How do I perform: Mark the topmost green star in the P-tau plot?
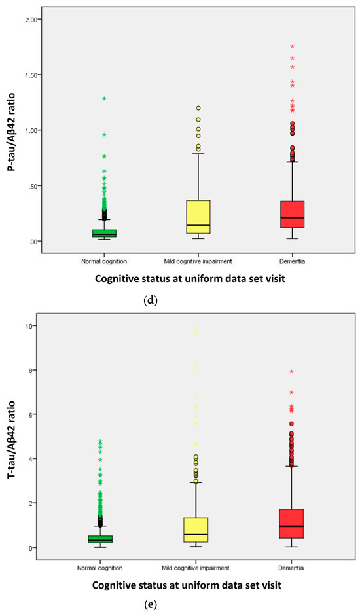point(103,99)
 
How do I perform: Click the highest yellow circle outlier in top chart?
point(198,108)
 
